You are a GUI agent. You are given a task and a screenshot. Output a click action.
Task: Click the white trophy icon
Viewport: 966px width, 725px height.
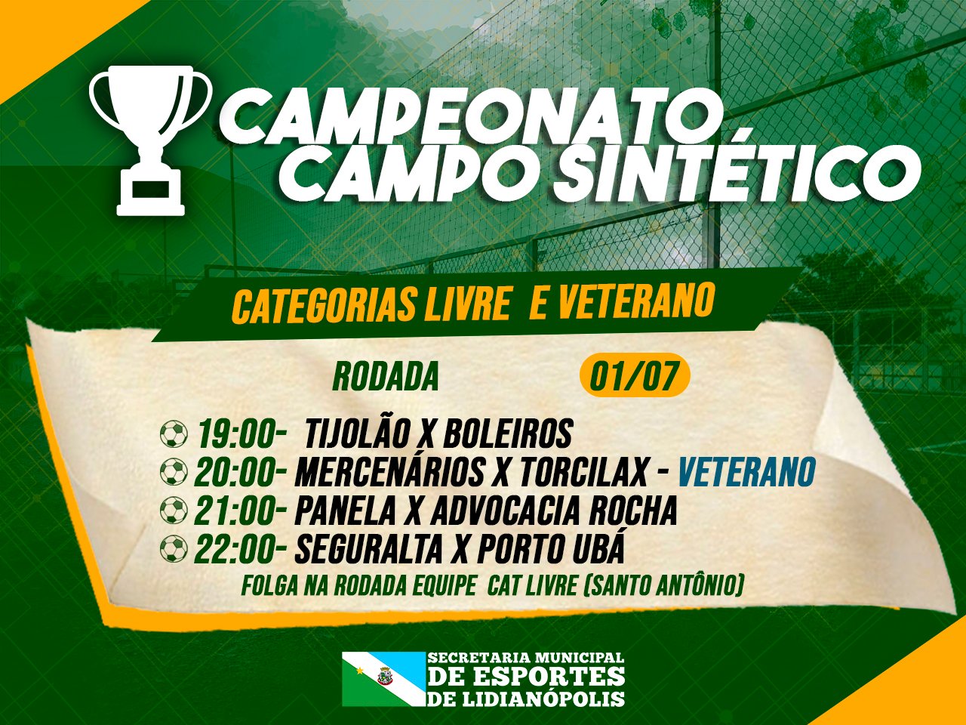[x=150, y=140]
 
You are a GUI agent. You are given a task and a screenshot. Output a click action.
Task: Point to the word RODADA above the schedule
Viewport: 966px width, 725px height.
[x=386, y=376]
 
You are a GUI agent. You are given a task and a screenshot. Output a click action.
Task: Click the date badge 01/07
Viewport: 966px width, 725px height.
[x=634, y=375]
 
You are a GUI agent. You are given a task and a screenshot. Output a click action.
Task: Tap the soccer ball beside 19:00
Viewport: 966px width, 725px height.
[x=174, y=434]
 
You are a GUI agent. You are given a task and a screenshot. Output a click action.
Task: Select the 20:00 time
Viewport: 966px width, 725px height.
[x=239, y=473]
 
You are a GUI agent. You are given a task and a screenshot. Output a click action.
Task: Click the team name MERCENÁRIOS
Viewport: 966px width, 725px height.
[x=389, y=473]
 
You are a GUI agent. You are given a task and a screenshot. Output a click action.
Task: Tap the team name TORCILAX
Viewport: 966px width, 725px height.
[x=576, y=473]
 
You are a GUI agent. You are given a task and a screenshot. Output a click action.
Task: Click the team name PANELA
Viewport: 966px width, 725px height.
[x=345, y=511]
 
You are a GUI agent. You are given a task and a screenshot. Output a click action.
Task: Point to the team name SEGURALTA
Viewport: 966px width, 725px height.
[x=368, y=548]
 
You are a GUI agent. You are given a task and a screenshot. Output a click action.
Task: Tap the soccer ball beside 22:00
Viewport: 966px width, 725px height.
[x=174, y=548]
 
